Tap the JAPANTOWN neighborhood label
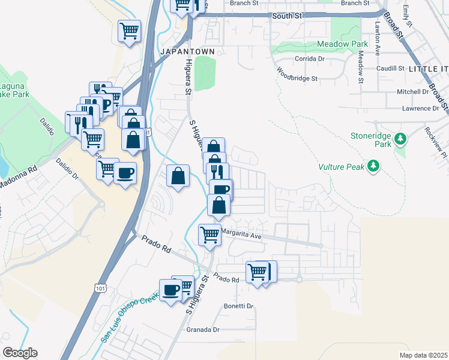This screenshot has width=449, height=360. [x=187, y=52]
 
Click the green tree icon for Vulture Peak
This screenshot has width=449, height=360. [x=374, y=165]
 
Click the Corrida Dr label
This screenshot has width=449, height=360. [x=310, y=59]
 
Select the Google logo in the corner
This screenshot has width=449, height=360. [x=20, y=353]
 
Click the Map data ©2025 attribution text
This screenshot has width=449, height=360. [x=423, y=355]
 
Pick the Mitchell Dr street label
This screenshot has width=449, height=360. [x=413, y=92]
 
